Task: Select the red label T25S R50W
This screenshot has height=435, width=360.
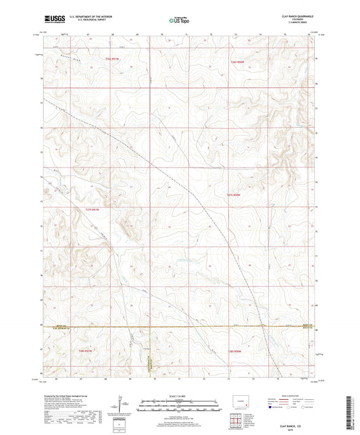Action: click(x=235, y=195)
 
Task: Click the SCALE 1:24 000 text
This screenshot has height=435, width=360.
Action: click(x=179, y=395)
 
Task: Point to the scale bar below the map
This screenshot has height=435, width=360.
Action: click(x=179, y=403)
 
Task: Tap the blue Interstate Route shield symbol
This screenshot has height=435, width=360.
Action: click(x=272, y=408)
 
